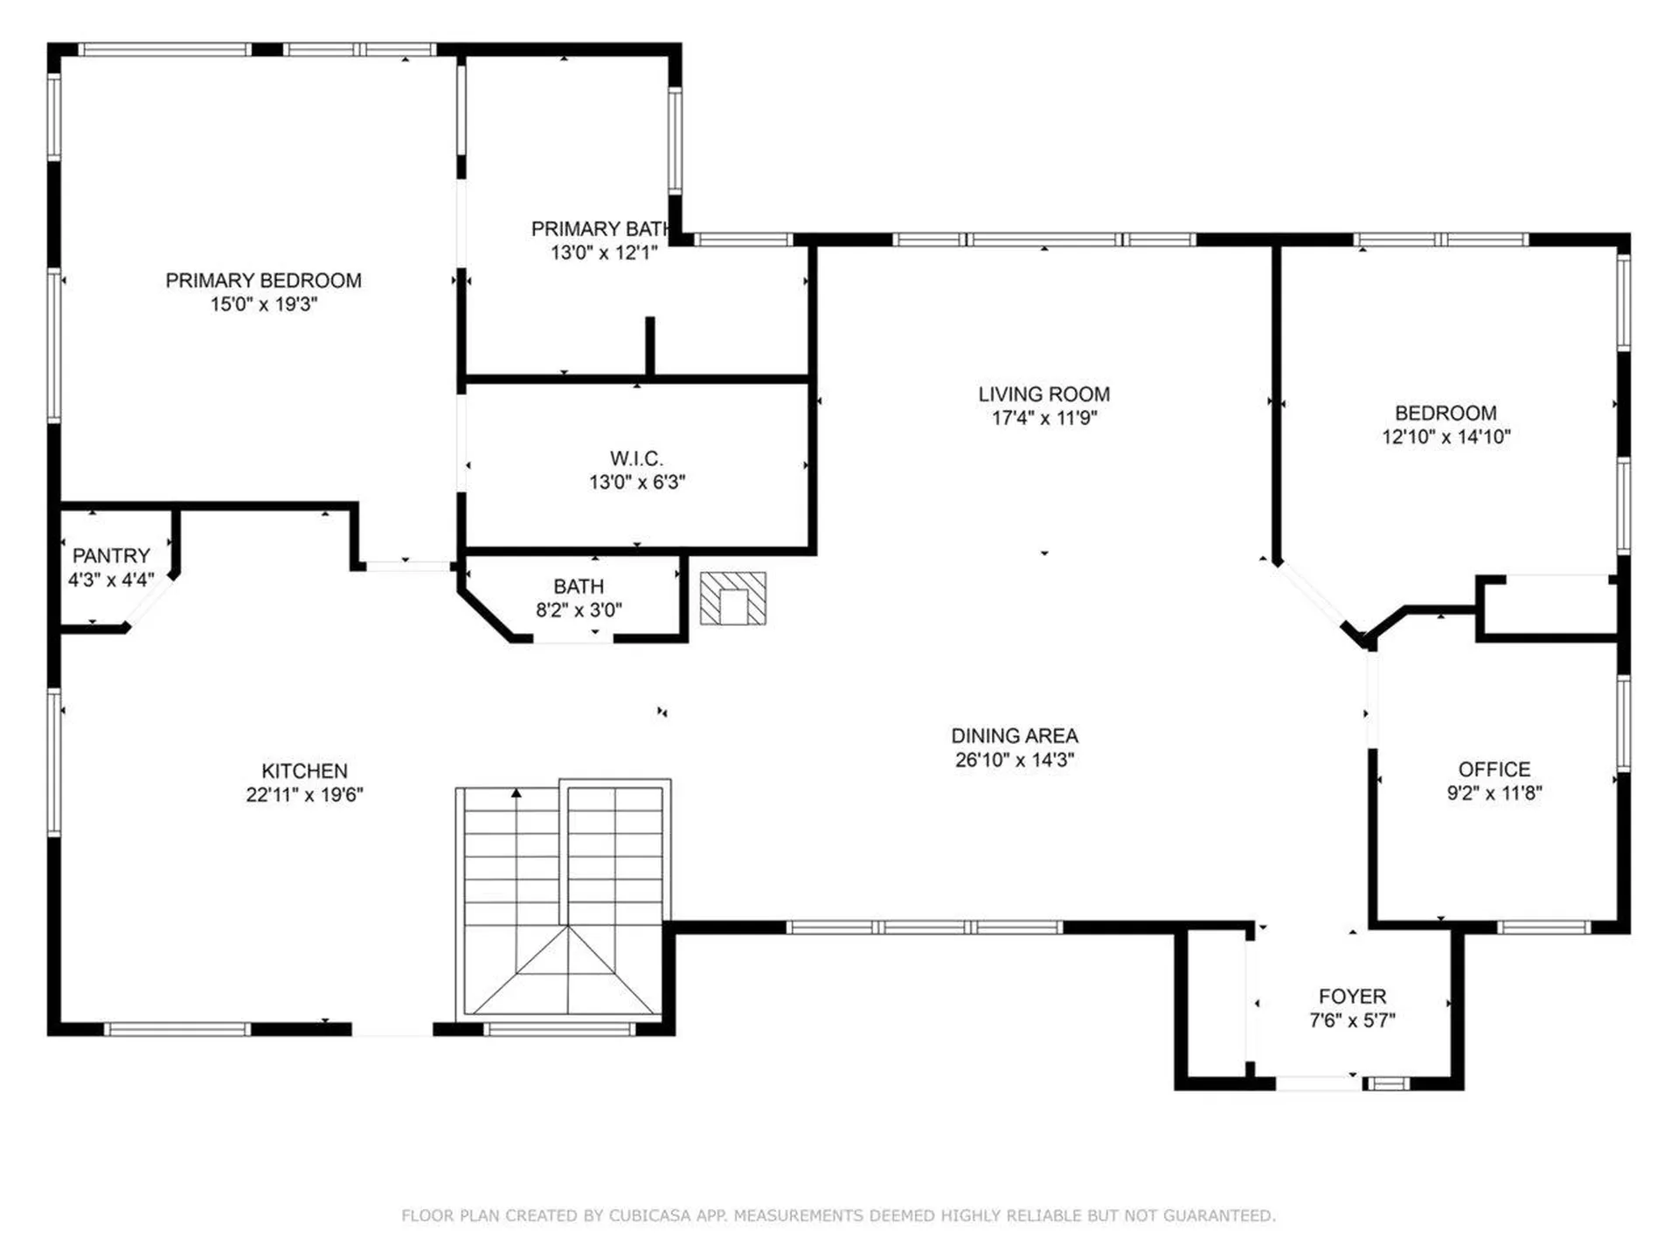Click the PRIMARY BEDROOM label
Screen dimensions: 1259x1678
263,281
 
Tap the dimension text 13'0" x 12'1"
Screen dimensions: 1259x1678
603,253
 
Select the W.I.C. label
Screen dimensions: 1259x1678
635,458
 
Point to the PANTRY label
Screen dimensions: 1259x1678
111,556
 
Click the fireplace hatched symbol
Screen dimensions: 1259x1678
732,599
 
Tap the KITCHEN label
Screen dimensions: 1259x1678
304,771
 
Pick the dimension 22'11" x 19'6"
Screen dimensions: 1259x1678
304,795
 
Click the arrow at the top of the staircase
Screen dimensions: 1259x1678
517,794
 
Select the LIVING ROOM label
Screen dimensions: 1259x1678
1044,394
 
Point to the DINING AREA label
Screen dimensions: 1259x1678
1014,736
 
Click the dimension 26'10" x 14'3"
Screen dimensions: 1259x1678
1014,760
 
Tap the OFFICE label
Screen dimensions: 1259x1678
1494,769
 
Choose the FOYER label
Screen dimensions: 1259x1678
1352,997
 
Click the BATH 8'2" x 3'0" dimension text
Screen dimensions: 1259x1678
579,610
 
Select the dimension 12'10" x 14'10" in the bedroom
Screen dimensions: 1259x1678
1446,436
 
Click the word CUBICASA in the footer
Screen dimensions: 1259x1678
649,1216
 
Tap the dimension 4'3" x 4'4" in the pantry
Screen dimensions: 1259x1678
111,580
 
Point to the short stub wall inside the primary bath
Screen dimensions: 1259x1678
649,347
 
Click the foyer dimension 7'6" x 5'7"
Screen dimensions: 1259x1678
1352,1020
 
